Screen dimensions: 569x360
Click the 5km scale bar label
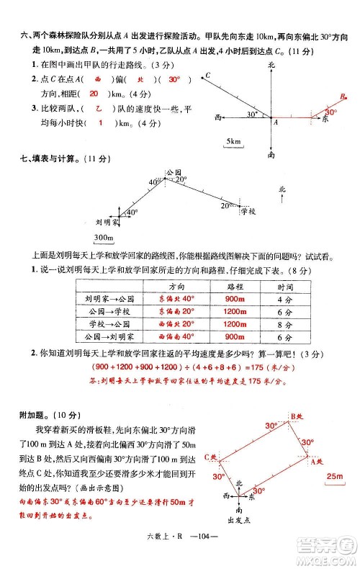(x=233, y=142)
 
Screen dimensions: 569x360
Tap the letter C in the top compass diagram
(x=207, y=75)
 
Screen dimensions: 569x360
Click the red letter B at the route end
(x=343, y=94)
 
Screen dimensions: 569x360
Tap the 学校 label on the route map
(x=248, y=211)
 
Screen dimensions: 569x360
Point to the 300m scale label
(x=104, y=238)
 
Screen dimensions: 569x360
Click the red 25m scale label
(x=334, y=477)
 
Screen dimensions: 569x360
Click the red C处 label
(x=210, y=456)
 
